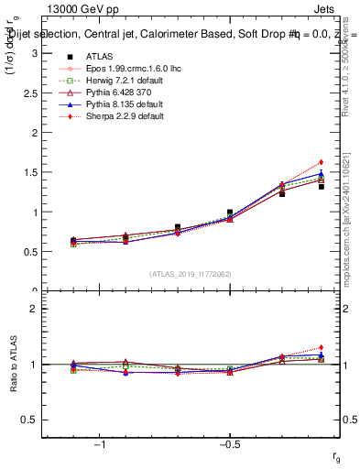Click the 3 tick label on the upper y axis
34,53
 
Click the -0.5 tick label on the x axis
227,444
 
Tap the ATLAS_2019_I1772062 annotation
190,274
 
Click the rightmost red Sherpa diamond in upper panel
322,162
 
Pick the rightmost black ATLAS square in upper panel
322,186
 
